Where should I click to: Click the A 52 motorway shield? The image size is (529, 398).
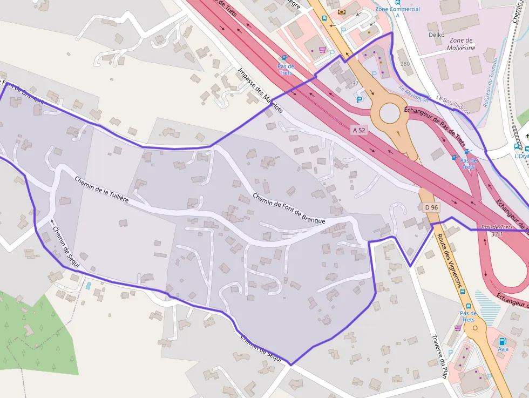(x=359, y=130)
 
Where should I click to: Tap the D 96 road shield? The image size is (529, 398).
(x=430, y=207)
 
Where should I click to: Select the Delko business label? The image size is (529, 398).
(x=436, y=35)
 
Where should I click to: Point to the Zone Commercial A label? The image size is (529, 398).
(x=398, y=12)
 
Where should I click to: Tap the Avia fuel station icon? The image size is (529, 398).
(x=503, y=341)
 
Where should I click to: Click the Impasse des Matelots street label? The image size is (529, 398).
(x=260, y=90)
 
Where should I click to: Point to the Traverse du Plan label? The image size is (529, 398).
(x=440, y=357)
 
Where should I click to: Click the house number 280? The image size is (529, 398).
(x=405, y=64)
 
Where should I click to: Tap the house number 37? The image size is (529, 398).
(x=355, y=83)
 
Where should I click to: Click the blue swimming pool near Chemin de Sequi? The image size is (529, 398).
(x=88, y=285)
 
